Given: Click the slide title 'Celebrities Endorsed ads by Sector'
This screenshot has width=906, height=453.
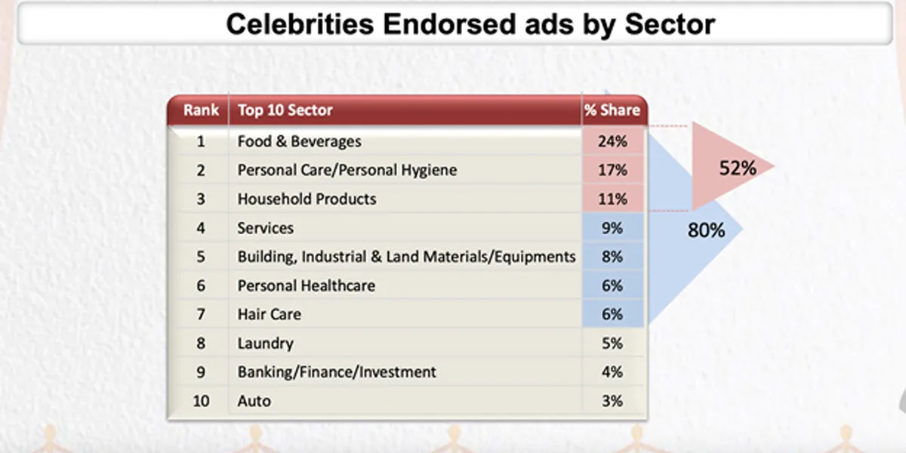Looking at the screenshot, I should [x=470, y=24].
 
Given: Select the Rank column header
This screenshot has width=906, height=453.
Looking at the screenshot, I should [x=201, y=110].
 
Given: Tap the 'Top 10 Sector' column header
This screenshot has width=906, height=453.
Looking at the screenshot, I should [x=285, y=110].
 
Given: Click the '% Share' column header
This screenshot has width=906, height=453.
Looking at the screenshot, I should [x=612, y=110].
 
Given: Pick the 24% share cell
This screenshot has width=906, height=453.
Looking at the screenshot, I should [x=612, y=142].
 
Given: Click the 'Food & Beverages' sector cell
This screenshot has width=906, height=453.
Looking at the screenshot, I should [x=299, y=142].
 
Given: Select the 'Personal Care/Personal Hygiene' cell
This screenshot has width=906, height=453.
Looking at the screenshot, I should [x=347, y=171].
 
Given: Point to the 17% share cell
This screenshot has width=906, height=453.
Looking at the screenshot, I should [x=612, y=171].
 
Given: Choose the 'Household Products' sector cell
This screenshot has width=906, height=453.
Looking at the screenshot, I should [x=307, y=199].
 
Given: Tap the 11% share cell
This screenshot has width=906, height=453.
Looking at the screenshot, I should [x=612, y=199].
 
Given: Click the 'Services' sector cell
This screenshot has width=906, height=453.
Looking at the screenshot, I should [x=265, y=228].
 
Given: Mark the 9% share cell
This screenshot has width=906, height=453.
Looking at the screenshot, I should [x=612, y=228].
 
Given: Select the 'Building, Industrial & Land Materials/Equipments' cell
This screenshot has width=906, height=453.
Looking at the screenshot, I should [x=406, y=257].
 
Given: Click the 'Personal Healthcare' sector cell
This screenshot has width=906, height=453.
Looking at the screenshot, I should [x=306, y=285].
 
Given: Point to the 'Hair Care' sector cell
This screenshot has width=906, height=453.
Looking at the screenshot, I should [x=269, y=314].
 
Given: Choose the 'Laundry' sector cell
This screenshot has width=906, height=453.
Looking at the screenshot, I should [x=265, y=344].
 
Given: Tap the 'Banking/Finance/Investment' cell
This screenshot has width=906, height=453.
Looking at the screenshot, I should [x=337, y=372].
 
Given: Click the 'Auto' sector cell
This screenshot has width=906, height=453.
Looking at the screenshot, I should [x=254, y=401].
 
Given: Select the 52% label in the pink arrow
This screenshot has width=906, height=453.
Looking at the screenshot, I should [x=737, y=168].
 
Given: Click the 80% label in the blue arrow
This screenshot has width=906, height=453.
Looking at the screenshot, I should [x=706, y=230].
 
